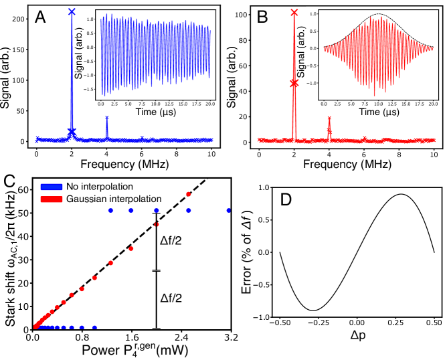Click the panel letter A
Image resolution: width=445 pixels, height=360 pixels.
point(41,17)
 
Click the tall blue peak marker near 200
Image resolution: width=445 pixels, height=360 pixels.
point(72,12)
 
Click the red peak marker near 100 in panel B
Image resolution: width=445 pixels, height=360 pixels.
point(294,13)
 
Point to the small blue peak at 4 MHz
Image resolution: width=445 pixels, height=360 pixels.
point(106,118)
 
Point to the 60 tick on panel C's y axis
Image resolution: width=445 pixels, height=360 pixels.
point(21,190)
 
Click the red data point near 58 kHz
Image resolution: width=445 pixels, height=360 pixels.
point(189,194)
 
